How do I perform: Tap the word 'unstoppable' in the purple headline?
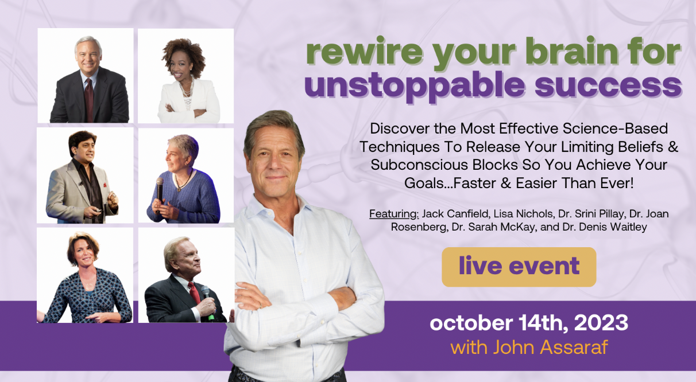pyautogui.click(x=415, y=86)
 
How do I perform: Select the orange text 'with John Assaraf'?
pyautogui.click(x=529, y=347)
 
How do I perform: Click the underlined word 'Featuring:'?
pyautogui.click(x=394, y=214)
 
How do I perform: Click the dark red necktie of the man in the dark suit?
pyautogui.click(x=89, y=99)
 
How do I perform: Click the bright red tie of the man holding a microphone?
pyautogui.click(x=195, y=293)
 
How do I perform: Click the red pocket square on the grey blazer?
pyautogui.click(x=105, y=185)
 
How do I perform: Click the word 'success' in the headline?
pyautogui.click(x=608, y=86)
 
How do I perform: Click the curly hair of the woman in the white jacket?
pyautogui.click(x=183, y=53)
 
